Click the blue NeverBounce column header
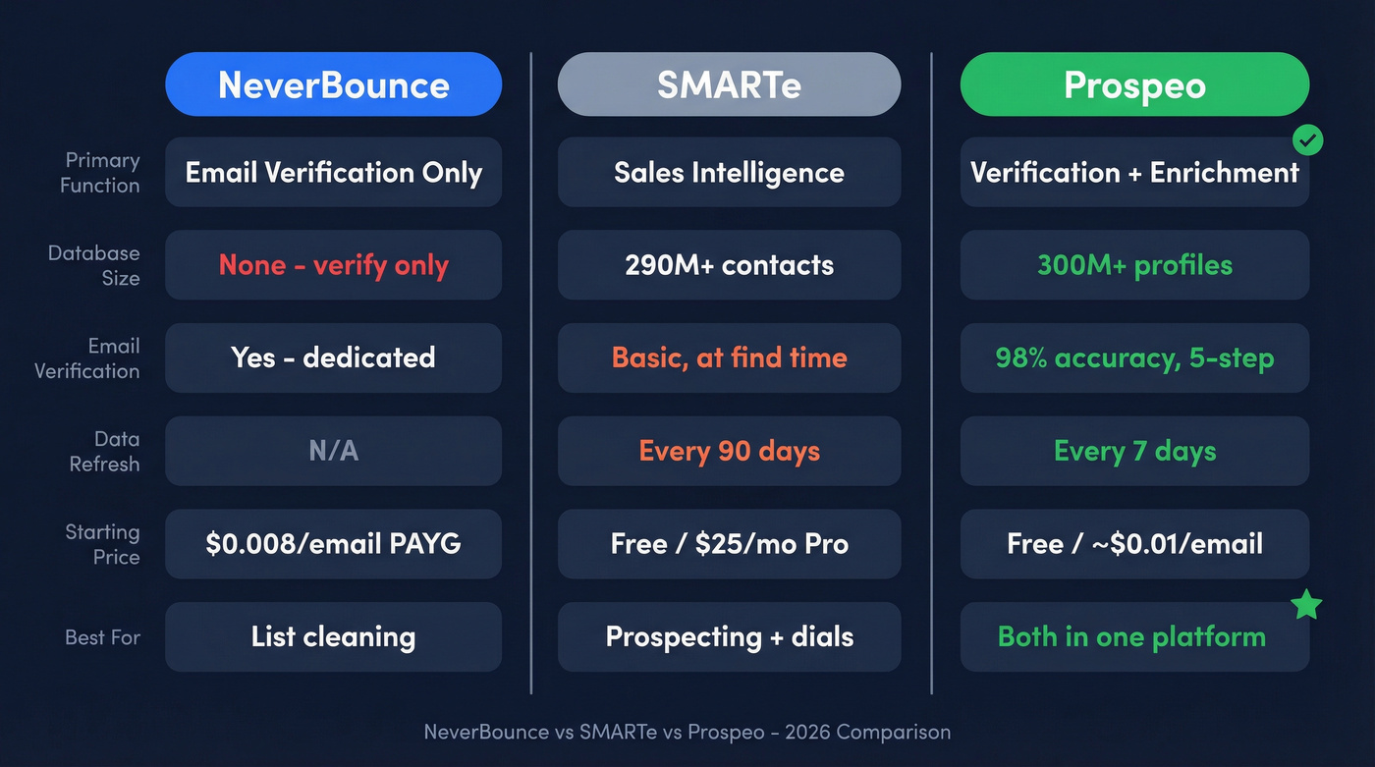[333, 84]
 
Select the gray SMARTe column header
[729, 84]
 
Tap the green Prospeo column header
[1134, 84]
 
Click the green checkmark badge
[1306, 140]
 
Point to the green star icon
[1306, 604]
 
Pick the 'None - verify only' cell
[333, 265]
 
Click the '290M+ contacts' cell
[729, 265]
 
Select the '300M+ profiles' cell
[1134, 265]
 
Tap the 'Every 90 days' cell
[729, 451]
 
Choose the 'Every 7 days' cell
[1134, 451]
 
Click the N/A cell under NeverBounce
[333, 451]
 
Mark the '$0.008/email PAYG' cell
[333, 544]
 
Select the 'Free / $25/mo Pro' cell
[729, 544]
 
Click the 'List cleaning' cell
[333, 636]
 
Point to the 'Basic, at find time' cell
[729, 357]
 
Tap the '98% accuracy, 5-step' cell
[1134, 357]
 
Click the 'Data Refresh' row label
[104, 452]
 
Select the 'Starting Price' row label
[102, 544]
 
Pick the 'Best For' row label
[102, 637]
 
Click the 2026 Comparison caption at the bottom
[687, 732]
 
